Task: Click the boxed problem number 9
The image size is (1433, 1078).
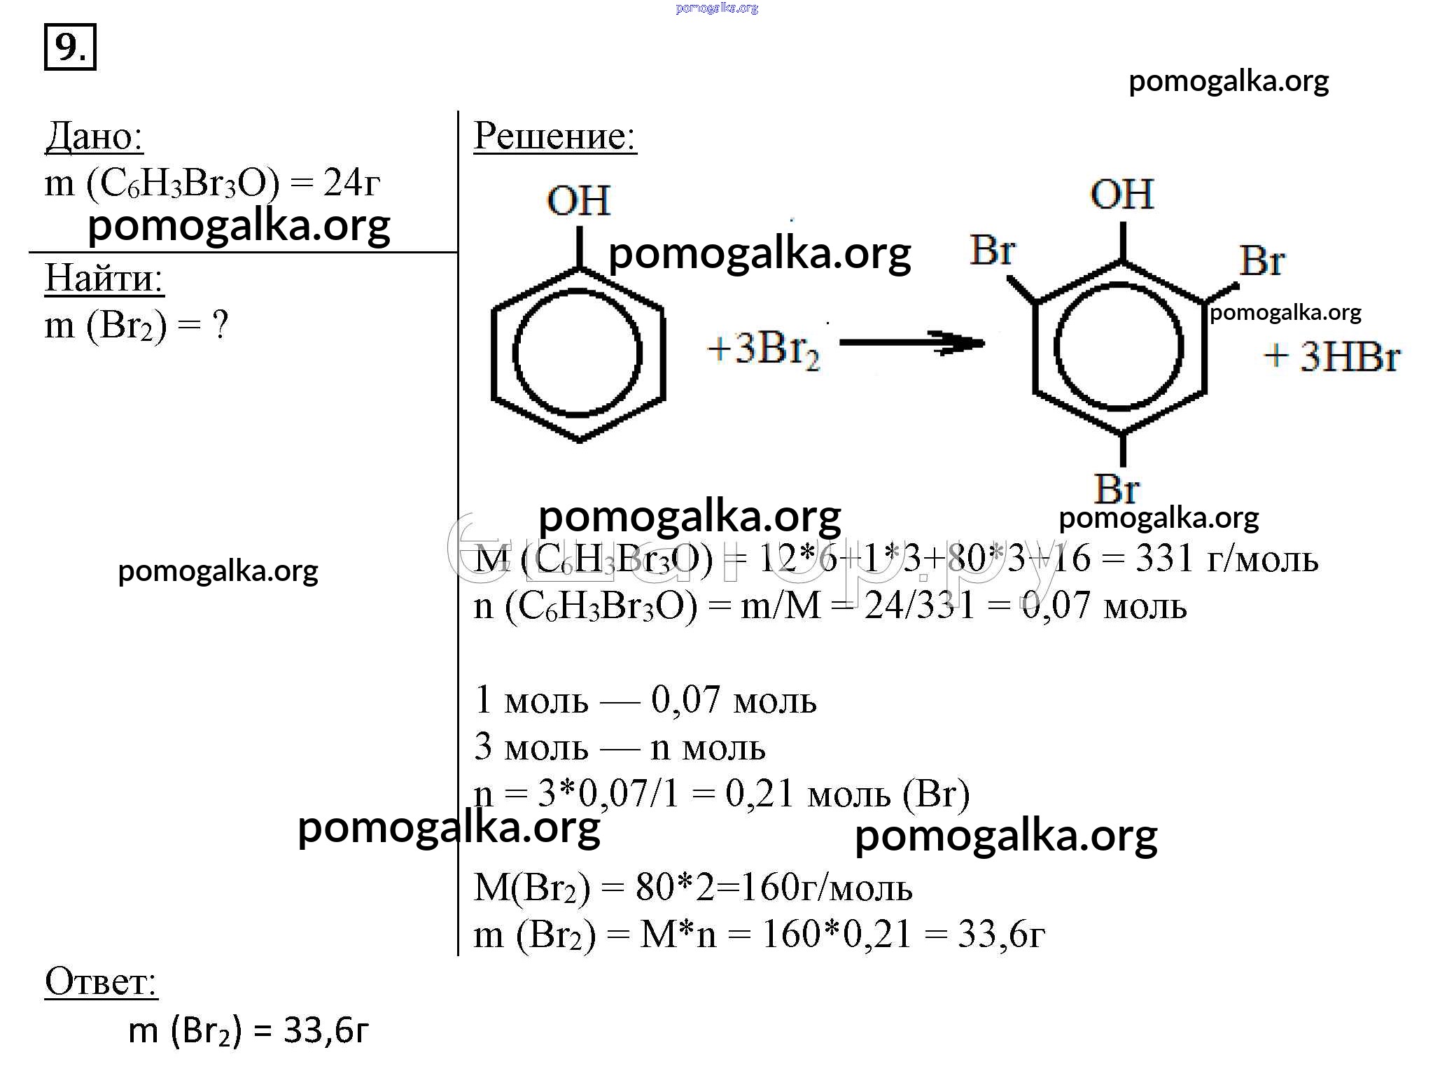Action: pos(70,48)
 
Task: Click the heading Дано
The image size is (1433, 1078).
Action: pos(95,136)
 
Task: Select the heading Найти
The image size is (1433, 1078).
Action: pos(104,278)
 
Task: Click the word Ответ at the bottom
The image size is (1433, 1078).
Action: pos(101,981)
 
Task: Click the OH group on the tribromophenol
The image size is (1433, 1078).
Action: pos(1122,194)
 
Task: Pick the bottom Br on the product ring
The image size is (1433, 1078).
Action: pos(1117,488)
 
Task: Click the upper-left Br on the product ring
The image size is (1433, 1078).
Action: pos(993,250)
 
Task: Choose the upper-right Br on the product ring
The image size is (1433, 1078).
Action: pos(1261,261)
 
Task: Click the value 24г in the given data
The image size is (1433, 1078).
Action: pos(352,183)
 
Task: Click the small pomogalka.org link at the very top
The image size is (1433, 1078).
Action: pos(717,8)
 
